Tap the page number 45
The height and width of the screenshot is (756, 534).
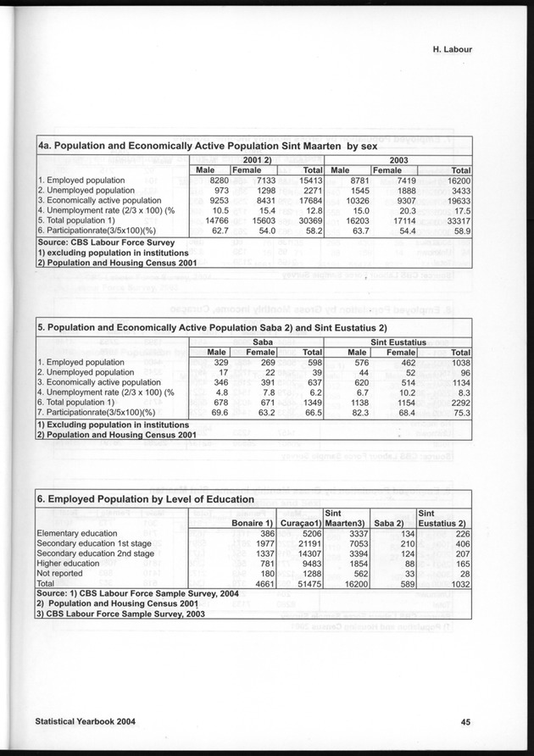pyautogui.click(x=465, y=722)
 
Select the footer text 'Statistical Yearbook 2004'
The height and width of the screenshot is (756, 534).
pyautogui.click(x=85, y=722)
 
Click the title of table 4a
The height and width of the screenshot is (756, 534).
pyautogui.click(x=196, y=146)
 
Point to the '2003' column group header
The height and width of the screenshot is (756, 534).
pyautogui.click(x=399, y=159)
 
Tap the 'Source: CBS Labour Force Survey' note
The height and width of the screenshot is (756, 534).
pyautogui.click(x=106, y=242)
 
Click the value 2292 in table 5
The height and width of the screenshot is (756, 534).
pyautogui.click(x=458, y=403)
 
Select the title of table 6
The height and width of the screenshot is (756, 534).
pyautogui.click(x=146, y=499)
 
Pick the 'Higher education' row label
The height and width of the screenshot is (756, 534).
pyautogui.click(x=69, y=564)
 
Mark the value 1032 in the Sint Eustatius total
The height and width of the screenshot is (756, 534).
pyautogui.click(x=458, y=584)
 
